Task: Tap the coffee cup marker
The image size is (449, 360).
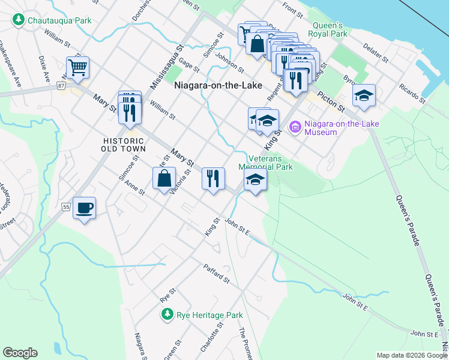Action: click(84, 207)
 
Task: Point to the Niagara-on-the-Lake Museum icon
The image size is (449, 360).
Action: click(295, 127)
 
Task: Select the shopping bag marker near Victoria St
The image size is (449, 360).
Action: click(164, 178)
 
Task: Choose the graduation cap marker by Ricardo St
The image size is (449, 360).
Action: click(364, 95)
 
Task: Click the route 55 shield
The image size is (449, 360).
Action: click(66, 207)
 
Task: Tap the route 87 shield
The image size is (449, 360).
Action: click(62, 86)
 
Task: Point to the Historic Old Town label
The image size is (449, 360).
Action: click(123, 144)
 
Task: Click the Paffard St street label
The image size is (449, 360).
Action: click(217, 272)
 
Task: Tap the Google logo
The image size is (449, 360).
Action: click(20, 353)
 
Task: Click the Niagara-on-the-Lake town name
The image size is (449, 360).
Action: click(218, 86)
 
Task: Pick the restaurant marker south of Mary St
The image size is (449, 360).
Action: click(213, 178)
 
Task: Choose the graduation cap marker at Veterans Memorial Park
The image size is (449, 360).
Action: click(255, 179)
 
